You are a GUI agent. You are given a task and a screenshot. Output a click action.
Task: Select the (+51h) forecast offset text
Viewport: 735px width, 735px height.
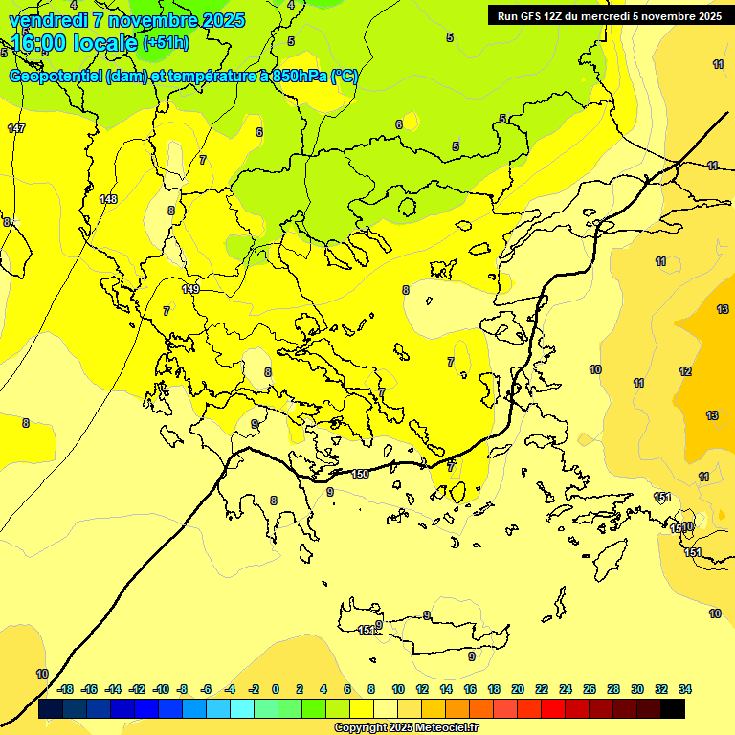coord(166,43)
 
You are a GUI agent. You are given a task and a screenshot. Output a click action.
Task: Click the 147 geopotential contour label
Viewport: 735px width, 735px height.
coord(16,128)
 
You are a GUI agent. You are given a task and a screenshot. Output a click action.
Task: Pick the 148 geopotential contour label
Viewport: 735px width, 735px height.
coord(108,199)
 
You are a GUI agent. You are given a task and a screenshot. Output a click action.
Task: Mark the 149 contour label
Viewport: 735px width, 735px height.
coord(190,289)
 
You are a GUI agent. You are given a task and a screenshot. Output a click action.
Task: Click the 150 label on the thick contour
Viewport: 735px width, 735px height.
coord(360,474)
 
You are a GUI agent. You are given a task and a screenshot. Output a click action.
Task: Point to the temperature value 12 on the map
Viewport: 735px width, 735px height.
coord(685,371)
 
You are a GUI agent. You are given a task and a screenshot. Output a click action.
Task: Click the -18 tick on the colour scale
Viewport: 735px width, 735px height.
coord(66,689)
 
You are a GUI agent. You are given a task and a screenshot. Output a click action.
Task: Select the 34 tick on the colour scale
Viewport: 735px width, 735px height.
coord(685,689)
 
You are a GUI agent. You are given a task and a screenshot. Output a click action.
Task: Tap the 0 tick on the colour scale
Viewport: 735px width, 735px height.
coord(276,689)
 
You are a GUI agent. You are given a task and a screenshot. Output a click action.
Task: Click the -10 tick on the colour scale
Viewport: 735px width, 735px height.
coord(161,689)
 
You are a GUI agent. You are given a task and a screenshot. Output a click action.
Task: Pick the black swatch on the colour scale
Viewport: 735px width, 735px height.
coord(673,708)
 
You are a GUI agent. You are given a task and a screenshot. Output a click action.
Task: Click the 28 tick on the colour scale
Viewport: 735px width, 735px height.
coord(613,689)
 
